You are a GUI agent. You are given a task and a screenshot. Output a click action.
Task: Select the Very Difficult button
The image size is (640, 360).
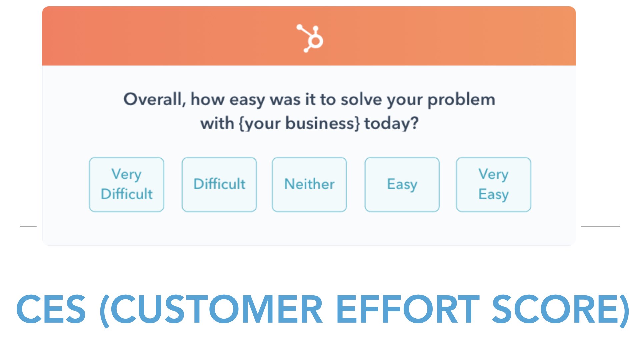(x=127, y=184)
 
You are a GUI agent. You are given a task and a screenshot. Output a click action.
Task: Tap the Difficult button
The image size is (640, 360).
(x=219, y=184)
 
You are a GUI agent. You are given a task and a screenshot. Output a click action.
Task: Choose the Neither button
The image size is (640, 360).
(x=309, y=184)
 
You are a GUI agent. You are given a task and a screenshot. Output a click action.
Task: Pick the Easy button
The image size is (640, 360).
(x=402, y=184)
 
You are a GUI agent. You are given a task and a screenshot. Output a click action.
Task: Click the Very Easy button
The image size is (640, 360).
(x=494, y=184)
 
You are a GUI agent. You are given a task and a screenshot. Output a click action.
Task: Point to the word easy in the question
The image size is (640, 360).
(x=247, y=100)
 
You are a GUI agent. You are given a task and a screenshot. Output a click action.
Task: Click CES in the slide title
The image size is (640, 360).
(x=51, y=309)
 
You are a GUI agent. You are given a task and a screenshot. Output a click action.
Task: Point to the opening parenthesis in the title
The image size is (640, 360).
(x=104, y=311)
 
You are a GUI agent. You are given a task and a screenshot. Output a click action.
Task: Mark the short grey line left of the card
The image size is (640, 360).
(x=28, y=227)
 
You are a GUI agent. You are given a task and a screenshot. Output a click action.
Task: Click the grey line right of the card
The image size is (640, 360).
(x=601, y=227)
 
